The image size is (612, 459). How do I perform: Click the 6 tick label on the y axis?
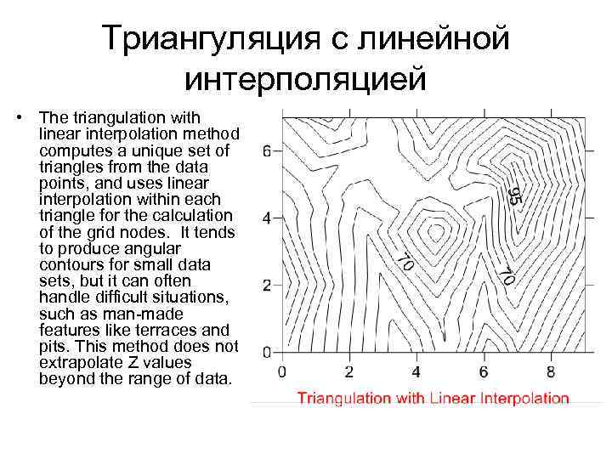click(x=267, y=152)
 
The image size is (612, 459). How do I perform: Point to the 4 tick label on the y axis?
click(x=267, y=218)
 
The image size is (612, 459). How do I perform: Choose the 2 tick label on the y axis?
click(x=267, y=286)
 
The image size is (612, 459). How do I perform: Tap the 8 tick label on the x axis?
click(x=551, y=371)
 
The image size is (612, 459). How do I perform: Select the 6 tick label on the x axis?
click(x=484, y=371)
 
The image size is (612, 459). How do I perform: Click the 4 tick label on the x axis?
click(x=416, y=371)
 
